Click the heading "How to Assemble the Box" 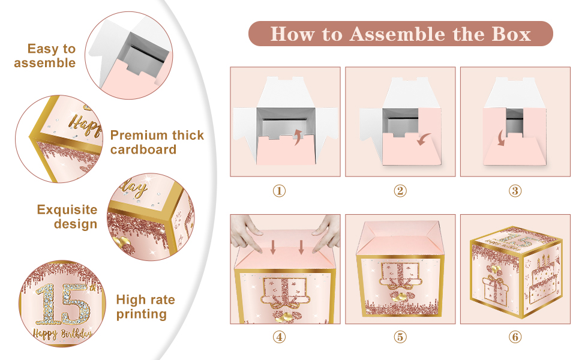click(400, 34)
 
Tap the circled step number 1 click(279, 191)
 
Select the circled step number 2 click(400, 191)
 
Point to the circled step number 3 click(515, 191)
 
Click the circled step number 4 click(279, 337)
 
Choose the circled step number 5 click(400, 337)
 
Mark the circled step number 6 click(515, 337)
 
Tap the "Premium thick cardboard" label click(157, 142)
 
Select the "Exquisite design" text click(67, 217)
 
